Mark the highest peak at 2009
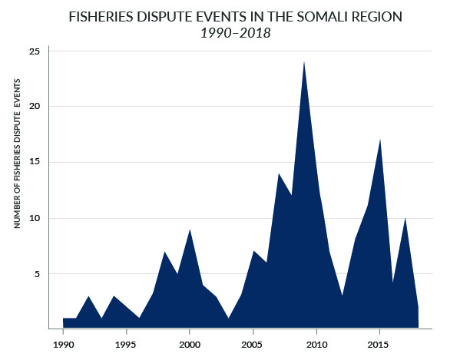click(304, 63)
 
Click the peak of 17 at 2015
click(380, 140)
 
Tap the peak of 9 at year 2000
click(190, 230)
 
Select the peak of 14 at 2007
click(279, 174)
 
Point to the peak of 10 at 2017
click(405, 219)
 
